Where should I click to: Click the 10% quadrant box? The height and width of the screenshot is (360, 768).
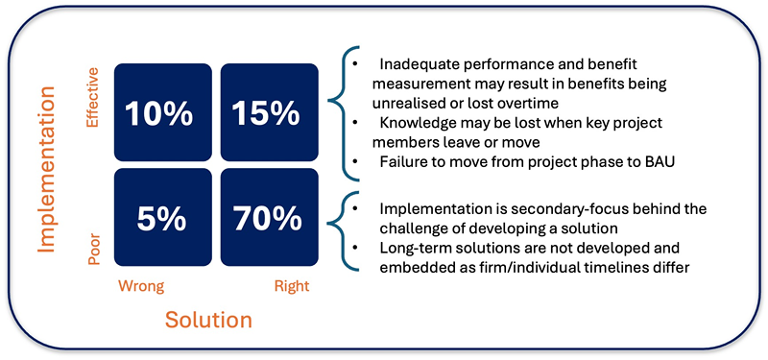point(163,112)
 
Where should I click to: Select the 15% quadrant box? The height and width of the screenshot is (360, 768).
point(270,112)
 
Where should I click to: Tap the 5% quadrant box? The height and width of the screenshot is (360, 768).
point(163,217)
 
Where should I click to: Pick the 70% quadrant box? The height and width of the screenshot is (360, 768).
point(270,217)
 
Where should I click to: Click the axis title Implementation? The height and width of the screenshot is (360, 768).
point(48,170)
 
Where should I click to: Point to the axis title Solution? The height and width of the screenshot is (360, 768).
point(208,320)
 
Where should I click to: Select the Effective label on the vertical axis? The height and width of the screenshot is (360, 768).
point(92,98)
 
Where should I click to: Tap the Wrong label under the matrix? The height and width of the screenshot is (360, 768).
point(140,286)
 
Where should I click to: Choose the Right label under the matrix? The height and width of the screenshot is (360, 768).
point(292,286)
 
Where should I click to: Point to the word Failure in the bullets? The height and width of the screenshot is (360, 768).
point(399,162)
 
